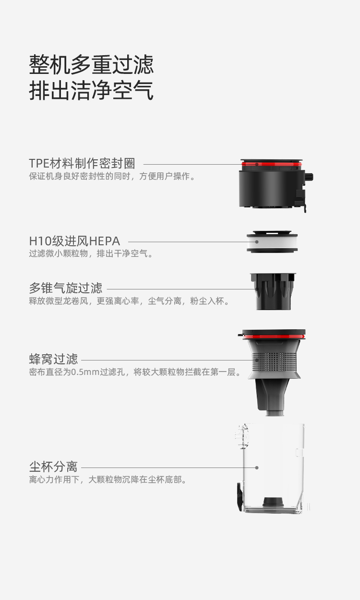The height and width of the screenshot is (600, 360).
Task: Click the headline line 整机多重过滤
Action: point(91,64)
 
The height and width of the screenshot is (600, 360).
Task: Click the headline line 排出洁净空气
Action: point(91,90)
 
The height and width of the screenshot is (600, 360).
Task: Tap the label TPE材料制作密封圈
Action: point(82,163)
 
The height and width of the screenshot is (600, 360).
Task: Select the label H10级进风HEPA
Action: point(74,241)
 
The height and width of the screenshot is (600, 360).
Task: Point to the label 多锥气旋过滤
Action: point(66,288)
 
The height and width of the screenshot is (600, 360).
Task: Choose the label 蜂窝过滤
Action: point(53,359)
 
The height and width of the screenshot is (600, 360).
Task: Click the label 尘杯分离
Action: point(53,467)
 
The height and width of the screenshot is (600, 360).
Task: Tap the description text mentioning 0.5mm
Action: point(135,372)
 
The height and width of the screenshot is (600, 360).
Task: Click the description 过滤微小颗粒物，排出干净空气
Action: point(91,253)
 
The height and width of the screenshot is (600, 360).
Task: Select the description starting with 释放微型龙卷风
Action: point(130,301)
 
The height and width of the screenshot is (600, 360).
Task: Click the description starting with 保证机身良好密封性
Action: point(112,176)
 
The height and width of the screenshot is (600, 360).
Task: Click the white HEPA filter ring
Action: point(272,242)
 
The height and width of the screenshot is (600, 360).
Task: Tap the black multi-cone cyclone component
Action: point(273,291)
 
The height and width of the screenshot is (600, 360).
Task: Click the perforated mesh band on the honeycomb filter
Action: point(274,362)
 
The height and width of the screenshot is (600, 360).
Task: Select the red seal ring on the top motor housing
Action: point(272,164)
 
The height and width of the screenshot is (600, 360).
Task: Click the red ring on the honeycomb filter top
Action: point(274,336)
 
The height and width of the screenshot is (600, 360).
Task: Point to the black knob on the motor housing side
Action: point(309,177)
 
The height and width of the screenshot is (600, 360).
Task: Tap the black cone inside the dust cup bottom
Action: point(273,502)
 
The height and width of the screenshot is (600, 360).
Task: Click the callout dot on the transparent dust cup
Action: point(257,468)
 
